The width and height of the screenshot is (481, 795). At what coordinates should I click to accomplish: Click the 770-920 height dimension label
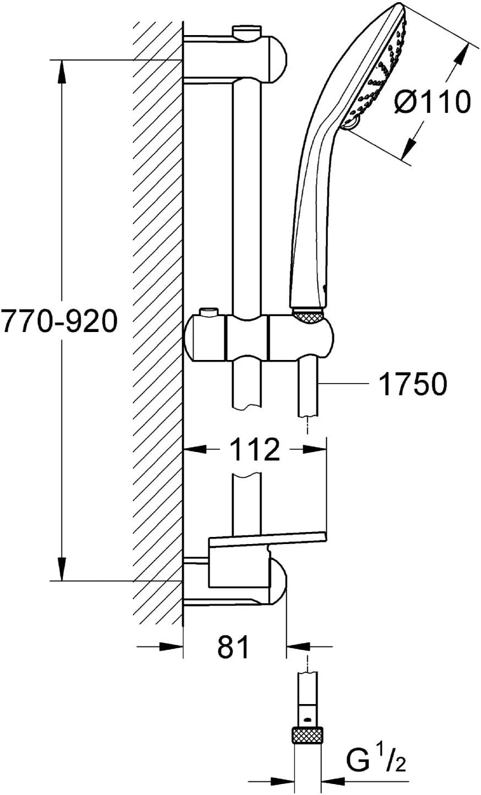(x=59, y=321)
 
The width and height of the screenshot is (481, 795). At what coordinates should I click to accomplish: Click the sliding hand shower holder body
(x=259, y=338)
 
